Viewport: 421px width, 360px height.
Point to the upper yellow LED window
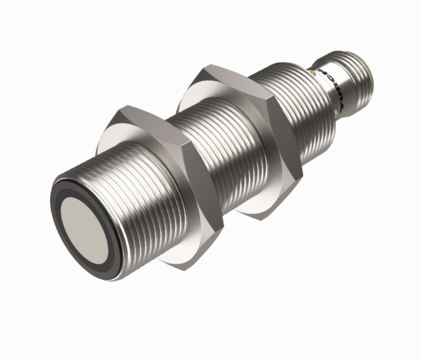coord(313,72)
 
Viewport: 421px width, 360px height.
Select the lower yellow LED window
coord(338,116)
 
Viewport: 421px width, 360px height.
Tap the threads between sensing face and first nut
coord(134,198)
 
